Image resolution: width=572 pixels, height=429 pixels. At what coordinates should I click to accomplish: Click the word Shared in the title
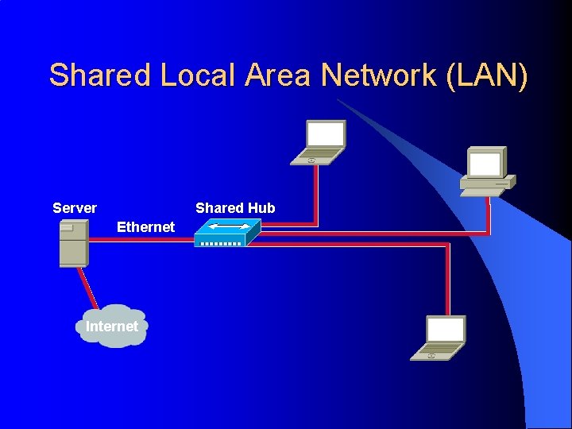tap(99, 75)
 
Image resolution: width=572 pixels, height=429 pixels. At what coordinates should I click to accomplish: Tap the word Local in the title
tap(198, 75)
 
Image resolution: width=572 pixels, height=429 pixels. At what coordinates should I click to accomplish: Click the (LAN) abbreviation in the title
tap(487, 75)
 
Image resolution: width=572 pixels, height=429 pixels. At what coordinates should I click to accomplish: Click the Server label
tap(75, 208)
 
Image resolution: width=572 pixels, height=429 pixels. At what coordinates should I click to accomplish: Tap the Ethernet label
tap(145, 227)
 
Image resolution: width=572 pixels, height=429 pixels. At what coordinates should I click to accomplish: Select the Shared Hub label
tap(235, 208)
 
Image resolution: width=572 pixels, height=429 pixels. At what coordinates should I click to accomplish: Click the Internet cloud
tap(112, 327)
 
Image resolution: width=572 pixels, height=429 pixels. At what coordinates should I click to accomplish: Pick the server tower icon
tap(74, 243)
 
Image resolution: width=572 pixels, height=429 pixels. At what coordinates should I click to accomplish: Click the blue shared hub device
tap(228, 233)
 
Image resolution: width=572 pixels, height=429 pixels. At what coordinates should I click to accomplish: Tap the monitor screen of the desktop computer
tap(485, 163)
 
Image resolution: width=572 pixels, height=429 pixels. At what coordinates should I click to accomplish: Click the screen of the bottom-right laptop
tap(446, 328)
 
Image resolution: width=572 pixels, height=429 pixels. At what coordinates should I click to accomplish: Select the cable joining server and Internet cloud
tap(87, 286)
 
